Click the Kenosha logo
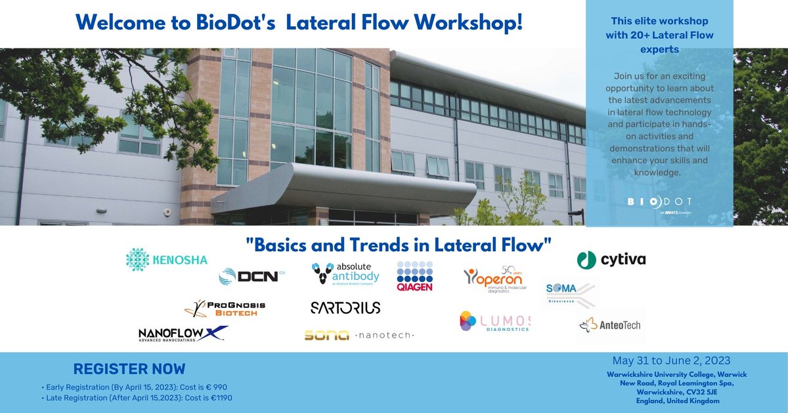[166, 260]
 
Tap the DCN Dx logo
[252, 276]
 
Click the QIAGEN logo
[415, 276]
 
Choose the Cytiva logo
[611, 260]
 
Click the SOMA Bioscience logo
[570, 294]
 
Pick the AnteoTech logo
[610, 324]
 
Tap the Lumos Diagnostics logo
[494, 321]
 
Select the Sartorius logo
[345, 307]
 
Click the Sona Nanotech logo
[359, 335]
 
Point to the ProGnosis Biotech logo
[225, 308]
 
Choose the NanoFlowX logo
[183, 334]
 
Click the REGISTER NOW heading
[129, 369]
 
